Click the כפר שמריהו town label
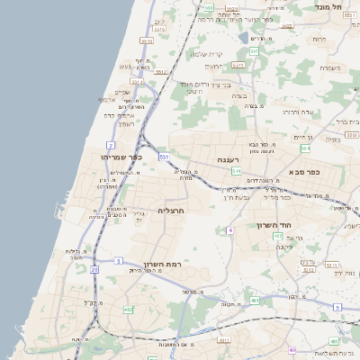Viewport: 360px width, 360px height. pyautogui.click(x=122, y=157)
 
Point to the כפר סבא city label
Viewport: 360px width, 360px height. pyautogui.click(x=305, y=171)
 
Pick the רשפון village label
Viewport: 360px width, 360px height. pyautogui.click(x=125, y=123)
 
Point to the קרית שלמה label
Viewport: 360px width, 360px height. pyautogui.click(x=207, y=53)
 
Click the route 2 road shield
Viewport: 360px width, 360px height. pyautogui.click(x=110, y=144)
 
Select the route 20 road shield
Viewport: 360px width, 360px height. pyautogui.click(x=94, y=269)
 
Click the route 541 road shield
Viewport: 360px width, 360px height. pyautogui.click(x=235, y=170)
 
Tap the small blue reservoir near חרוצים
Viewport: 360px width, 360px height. pyautogui.click(x=244, y=38)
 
